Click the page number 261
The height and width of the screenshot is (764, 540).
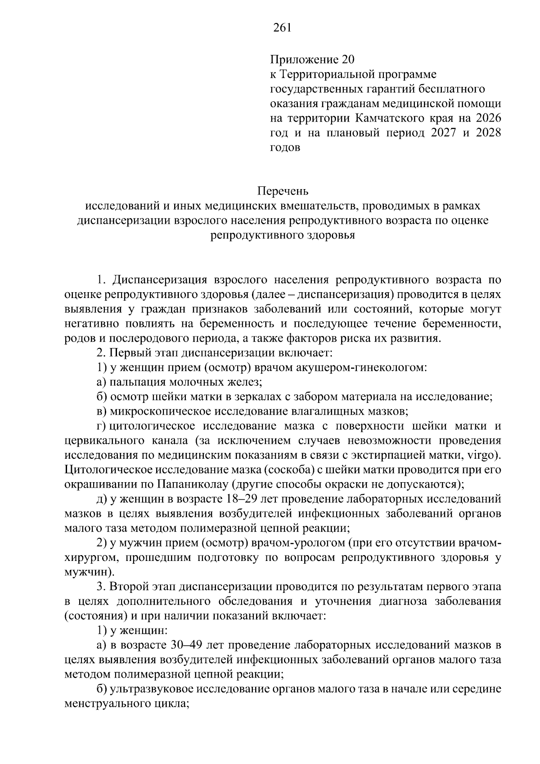pyautogui.click(x=283, y=28)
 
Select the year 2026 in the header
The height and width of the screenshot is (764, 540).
pyautogui.click(x=487, y=118)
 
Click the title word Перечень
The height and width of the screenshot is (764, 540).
pyautogui.click(x=283, y=191)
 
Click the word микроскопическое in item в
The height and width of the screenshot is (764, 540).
pyautogui.click(x=161, y=411)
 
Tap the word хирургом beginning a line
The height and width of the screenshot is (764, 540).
pyautogui.click(x=91, y=558)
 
